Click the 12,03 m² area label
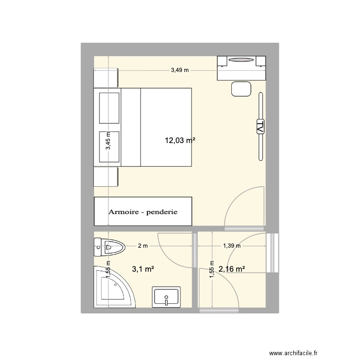[180, 141]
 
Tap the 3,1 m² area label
[143, 269]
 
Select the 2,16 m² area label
[232, 269]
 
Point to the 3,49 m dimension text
[180, 70]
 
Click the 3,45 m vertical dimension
[108, 142]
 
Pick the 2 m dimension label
[143, 246]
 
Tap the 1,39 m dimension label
[231, 246]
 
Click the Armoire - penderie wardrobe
[143, 211]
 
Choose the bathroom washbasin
[166, 297]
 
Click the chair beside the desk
[241, 89]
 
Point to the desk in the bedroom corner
[241, 67]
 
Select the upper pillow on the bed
[109, 108]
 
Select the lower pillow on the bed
[109, 146]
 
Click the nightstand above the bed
[106, 78]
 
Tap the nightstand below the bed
[106, 177]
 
